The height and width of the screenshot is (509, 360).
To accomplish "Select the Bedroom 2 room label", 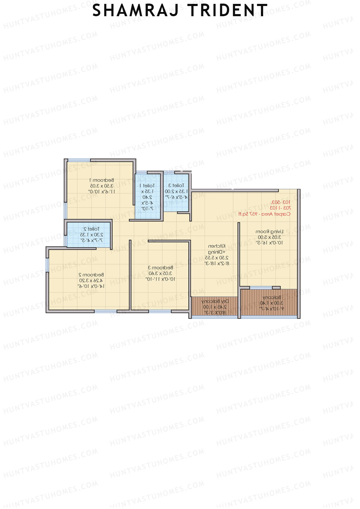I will (x=91, y=275).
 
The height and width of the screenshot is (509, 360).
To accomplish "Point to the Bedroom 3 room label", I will (x=160, y=268).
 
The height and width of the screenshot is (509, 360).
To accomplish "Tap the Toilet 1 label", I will (x=147, y=186).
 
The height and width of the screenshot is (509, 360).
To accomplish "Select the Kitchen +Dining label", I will (x=217, y=249).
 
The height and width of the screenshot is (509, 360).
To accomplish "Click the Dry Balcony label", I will (x=215, y=301).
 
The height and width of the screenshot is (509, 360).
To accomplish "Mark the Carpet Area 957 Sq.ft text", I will (x=264, y=214).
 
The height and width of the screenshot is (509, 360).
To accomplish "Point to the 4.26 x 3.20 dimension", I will (x=91, y=280).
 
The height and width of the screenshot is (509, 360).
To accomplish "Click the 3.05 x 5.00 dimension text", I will (x=269, y=237).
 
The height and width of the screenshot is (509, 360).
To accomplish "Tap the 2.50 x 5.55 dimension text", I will (x=217, y=258).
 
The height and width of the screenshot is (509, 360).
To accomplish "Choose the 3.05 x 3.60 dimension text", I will (x=160, y=273).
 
